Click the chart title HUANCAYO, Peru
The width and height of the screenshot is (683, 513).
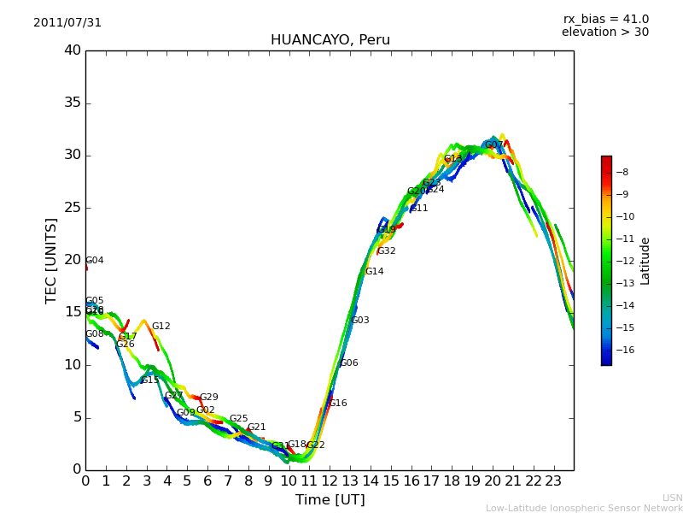click(330, 40)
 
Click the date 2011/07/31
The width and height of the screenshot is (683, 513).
click(67, 23)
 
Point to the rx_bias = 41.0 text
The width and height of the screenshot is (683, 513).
click(605, 20)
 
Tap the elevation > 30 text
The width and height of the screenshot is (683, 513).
click(604, 32)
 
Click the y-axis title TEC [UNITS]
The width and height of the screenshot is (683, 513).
click(51, 260)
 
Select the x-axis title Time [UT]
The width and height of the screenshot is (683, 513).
click(330, 500)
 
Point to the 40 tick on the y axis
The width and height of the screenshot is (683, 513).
click(72, 50)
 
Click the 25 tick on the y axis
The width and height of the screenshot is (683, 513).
click(72, 208)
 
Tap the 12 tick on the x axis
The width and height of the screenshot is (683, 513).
click(330, 481)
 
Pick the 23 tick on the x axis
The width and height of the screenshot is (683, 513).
click(553, 481)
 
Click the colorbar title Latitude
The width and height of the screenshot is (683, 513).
click(645, 260)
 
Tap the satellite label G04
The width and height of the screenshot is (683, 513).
click(95, 261)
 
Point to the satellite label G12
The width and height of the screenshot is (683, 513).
click(161, 327)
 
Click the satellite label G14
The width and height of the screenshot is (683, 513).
click(374, 272)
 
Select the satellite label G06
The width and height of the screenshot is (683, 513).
click(349, 363)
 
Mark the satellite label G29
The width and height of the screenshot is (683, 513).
click(209, 398)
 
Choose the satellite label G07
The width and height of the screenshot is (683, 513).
click(494, 145)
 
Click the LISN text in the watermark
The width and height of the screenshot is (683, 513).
click(672, 498)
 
